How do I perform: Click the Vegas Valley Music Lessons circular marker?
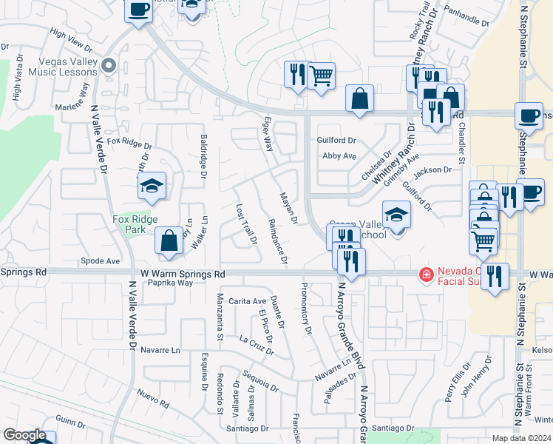point(109,67)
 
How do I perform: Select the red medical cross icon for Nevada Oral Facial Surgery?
point(426,275)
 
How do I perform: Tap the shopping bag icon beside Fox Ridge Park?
point(169,240)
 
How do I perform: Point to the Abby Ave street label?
point(339,156)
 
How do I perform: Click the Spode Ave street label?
point(101,261)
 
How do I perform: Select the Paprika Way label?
point(170,283)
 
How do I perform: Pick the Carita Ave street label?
point(247,301)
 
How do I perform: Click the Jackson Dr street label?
point(432,170)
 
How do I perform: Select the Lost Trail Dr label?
point(245,224)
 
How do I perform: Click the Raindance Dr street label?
point(277,241)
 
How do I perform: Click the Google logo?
point(24,435)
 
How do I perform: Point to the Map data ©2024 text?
point(521,438)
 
